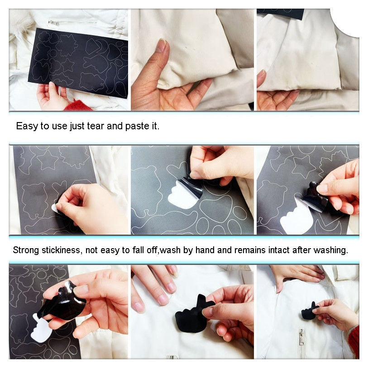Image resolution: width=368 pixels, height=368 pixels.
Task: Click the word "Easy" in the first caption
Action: tap(26, 126)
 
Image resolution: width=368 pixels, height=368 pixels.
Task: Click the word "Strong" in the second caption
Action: tap(26, 250)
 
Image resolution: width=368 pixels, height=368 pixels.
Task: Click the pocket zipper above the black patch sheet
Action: tap(72, 22)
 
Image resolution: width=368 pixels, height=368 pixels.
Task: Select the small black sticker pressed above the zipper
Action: tap(310, 311)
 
